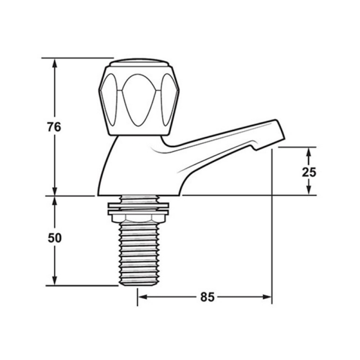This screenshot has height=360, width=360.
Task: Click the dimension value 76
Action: [54, 127]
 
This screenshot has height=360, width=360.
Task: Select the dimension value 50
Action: [54, 238]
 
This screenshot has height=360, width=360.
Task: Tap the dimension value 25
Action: [309, 172]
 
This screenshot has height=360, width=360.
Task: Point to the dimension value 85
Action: [207, 297]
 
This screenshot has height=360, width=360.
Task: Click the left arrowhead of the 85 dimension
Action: [142, 297]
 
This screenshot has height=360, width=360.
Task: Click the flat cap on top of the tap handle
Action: [139, 62]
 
